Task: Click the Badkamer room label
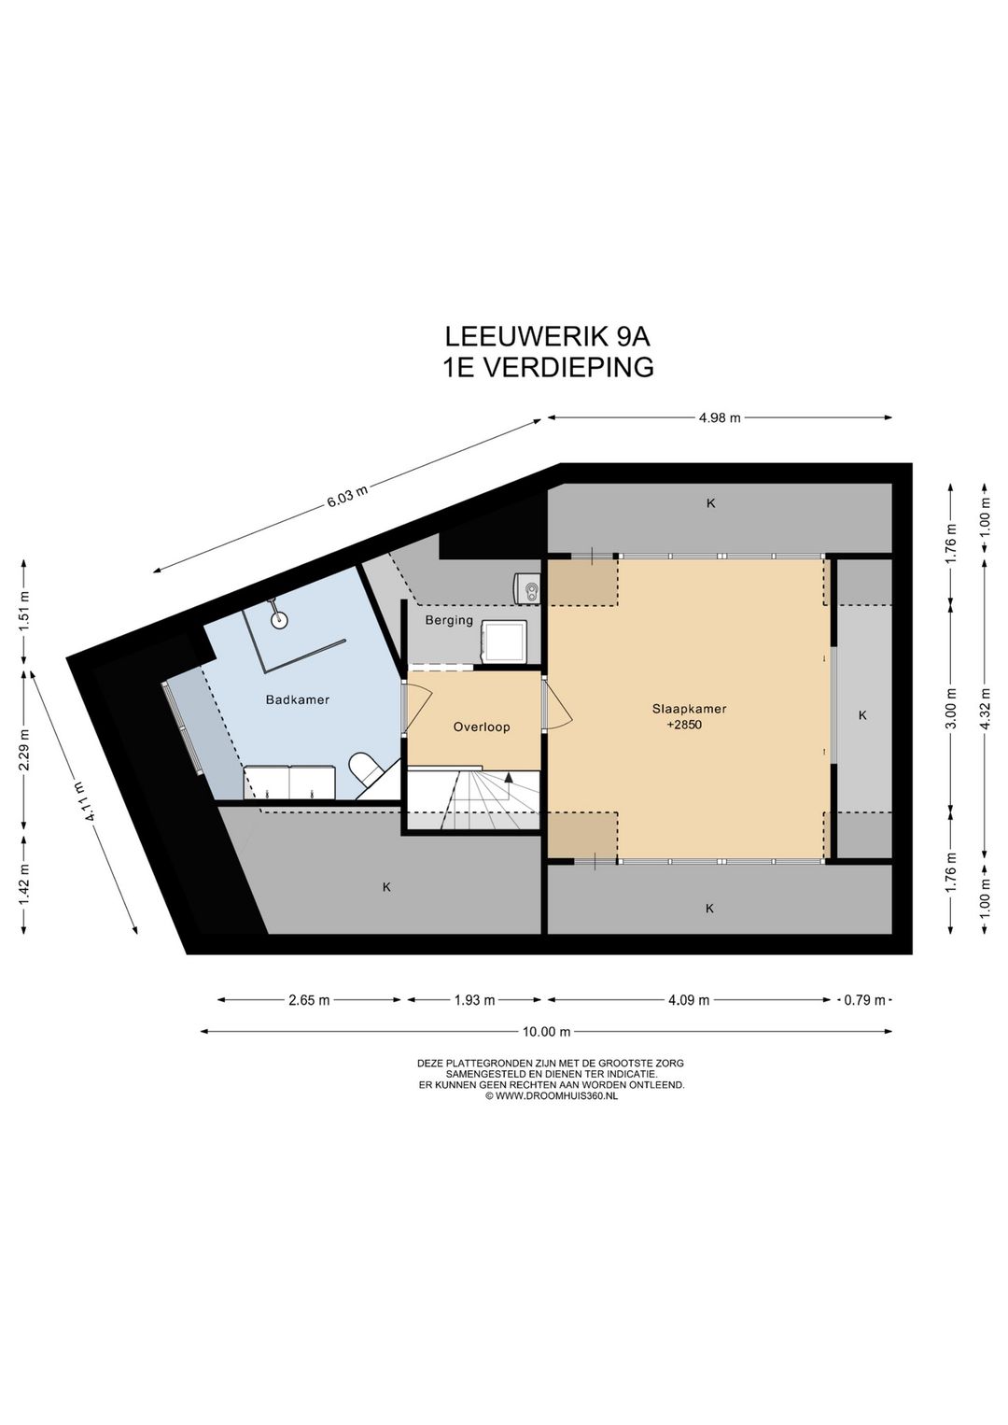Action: point(297,699)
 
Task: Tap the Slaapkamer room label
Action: point(689,709)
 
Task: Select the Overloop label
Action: point(482,727)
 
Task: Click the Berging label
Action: point(449,620)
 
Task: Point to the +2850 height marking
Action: point(684,725)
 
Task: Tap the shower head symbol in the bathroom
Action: point(278,615)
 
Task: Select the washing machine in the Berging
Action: point(503,642)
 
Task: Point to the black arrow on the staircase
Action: point(509,777)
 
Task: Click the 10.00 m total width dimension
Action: point(546,1032)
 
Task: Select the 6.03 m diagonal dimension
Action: point(346,496)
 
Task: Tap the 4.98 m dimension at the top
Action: point(719,418)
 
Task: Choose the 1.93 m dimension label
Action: point(474,1000)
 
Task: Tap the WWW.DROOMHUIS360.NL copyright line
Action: point(551,1096)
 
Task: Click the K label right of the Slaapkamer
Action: point(862,715)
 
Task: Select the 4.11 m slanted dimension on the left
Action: point(90,800)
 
